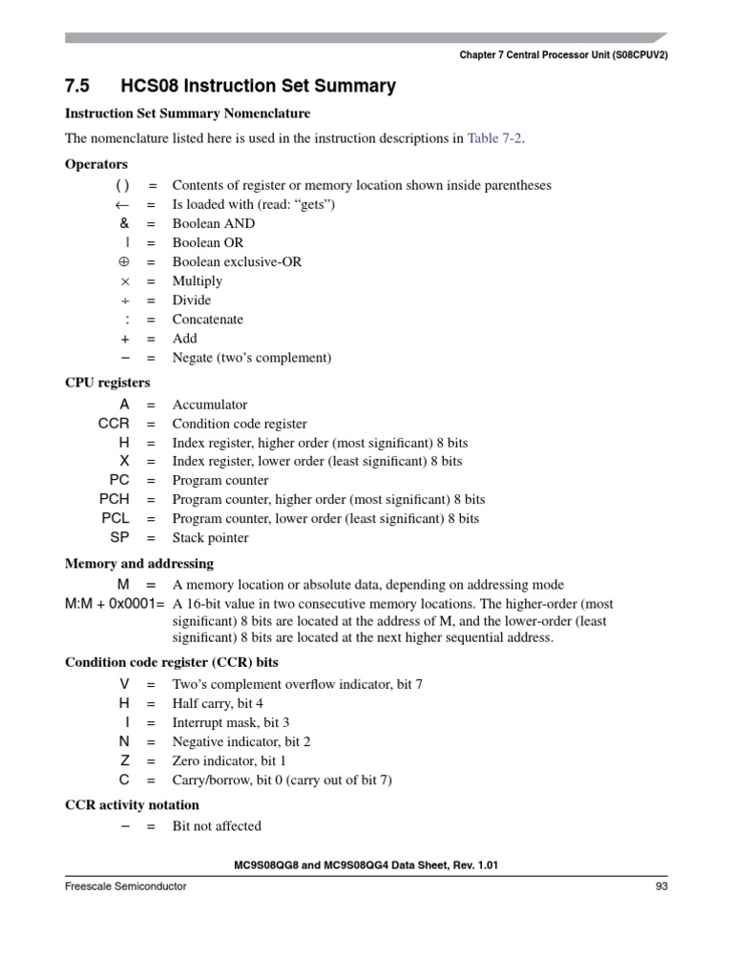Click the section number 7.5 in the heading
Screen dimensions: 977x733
[x=76, y=87]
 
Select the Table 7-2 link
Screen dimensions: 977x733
[x=495, y=138]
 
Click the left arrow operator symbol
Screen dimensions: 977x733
[x=121, y=205]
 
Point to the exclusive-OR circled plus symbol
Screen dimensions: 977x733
[x=123, y=262]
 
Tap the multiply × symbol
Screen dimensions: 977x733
[x=124, y=281]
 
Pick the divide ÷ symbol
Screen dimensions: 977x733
[x=125, y=301]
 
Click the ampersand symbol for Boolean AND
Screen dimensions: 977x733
[x=124, y=224]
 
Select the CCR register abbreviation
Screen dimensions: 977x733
[x=114, y=424]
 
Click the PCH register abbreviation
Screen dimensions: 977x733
[x=114, y=500]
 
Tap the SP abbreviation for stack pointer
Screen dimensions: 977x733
[x=119, y=538]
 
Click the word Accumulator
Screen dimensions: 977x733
[x=209, y=405]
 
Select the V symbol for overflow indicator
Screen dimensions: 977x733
[x=124, y=685]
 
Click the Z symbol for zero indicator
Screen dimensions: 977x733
[x=124, y=761]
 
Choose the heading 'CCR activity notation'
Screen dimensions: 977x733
[x=132, y=805]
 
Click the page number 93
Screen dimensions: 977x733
[x=660, y=886]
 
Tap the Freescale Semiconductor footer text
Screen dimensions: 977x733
[x=125, y=886]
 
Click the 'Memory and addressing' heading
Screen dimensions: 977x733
[x=138, y=564]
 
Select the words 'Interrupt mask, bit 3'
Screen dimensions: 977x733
[x=230, y=723]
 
